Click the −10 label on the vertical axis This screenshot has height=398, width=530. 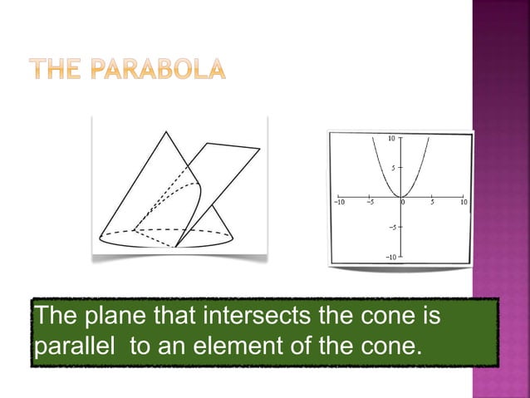click(x=390, y=257)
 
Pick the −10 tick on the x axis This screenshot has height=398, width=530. click(x=339, y=202)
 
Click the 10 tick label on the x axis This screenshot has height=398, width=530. click(x=463, y=202)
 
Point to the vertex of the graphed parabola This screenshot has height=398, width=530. click(x=401, y=196)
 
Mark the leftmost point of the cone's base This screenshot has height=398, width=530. click(x=99, y=237)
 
